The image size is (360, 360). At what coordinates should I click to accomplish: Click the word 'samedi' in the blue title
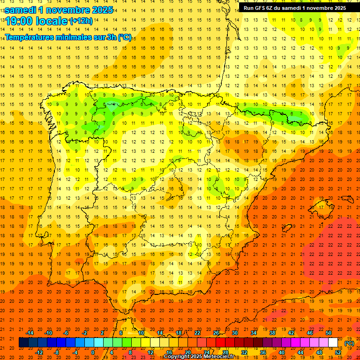point(22,10)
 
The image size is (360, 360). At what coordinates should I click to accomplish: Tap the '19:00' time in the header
point(19,21)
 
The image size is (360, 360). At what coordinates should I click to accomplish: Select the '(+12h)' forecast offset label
point(81,21)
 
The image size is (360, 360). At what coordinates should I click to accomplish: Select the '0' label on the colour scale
point(93,352)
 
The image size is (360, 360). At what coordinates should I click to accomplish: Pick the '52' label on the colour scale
point(338,352)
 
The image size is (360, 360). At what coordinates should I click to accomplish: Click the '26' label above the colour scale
point(216,333)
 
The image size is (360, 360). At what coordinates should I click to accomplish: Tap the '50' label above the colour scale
point(329,333)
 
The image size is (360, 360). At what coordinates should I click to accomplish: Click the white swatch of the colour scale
point(333,343)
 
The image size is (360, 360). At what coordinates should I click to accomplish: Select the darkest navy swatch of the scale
point(23,343)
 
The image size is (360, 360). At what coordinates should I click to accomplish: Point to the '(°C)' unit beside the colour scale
point(349,343)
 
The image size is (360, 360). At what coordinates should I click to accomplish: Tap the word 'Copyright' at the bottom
point(177,357)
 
